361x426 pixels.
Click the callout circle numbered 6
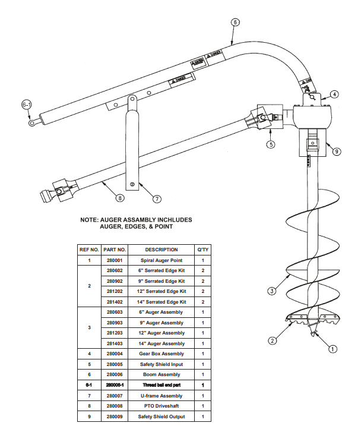(x=235, y=22)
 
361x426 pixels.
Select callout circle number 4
(x=335, y=94)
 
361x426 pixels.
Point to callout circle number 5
(x=271, y=144)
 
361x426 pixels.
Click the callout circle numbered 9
(x=337, y=151)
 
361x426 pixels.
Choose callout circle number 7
(x=157, y=198)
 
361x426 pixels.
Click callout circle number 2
(x=272, y=340)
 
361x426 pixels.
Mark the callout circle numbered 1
(x=333, y=349)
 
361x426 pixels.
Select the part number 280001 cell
(x=115, y=260)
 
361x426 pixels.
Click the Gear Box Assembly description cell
(x=161, y=354)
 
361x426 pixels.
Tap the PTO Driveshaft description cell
(x=161, y=406)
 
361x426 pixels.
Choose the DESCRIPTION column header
(x=161, y=250)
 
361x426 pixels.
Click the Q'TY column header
(x=203, y=250)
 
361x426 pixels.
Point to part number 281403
(x=115, y=343)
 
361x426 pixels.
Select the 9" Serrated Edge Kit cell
(x=161, y=281)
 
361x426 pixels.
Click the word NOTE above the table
(x=91, y=219)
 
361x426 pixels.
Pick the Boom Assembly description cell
(x=161, y=375)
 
